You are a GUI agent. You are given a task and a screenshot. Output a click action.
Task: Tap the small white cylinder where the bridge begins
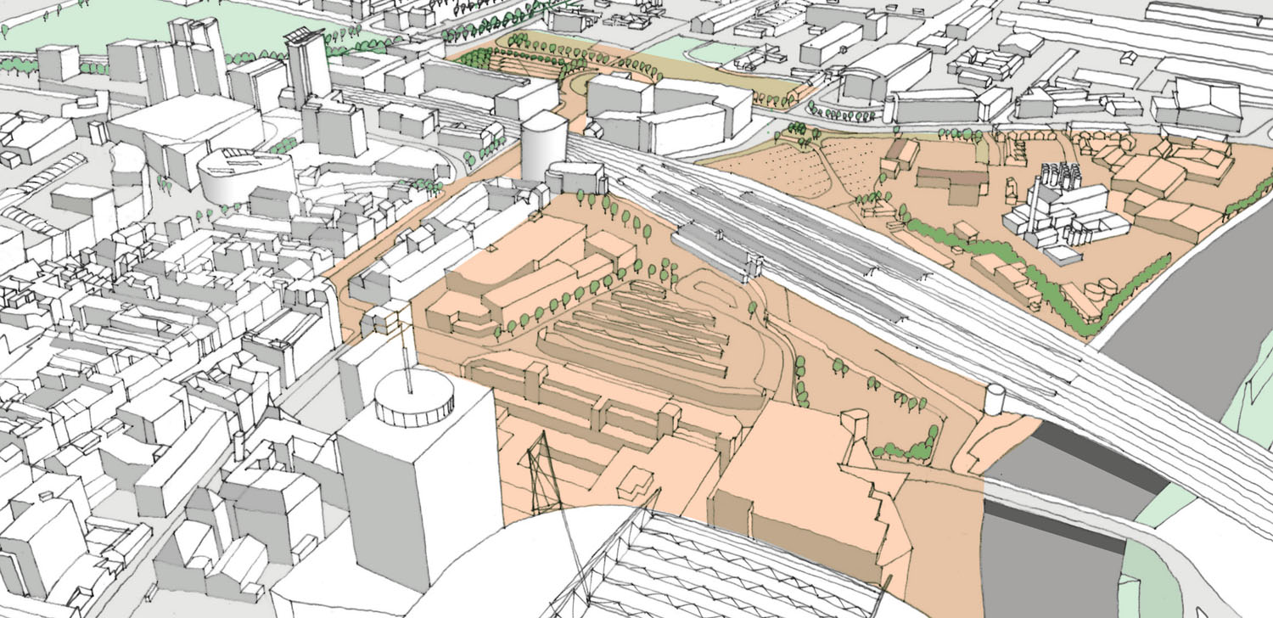pos(995,399)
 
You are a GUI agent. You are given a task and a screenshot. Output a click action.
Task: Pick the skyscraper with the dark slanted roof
pos(307,64)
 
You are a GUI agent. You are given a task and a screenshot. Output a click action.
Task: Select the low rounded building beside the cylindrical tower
pos(575,178)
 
